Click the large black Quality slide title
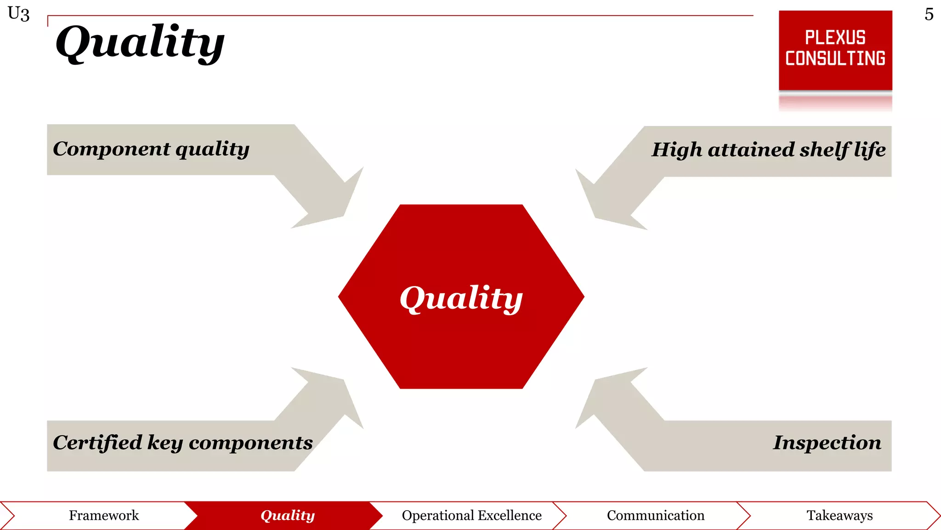pyautogui.click(x=140, y=42)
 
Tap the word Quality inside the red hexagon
pyautogui.click(x=461, y=298)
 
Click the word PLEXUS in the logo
pyautogui.click(x=835, y=38)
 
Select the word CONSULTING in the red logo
pyautogui.click(x=835, y=59)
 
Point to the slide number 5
pyautogui.click(x=929, y=14)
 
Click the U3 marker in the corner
pyautogui.click(x=19, y=14)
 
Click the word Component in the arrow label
pyautogui.click(x=112, y=149)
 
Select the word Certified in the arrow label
pyautogui.click(x=97, y=443)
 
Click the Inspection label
pyautogui.click(x=827, y=443)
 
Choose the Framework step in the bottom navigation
pyautogui.click(x=104, y=515)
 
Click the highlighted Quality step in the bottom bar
pyautogui.click(x=288, y=515)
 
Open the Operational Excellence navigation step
pyautogui.click(x=471, y=515)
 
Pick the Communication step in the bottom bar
pyautogui.click(x=655, y=515)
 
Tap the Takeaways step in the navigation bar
pyautogui.click(x=839, y=515)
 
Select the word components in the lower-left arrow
pyautogui.click(x=251, y=443)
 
